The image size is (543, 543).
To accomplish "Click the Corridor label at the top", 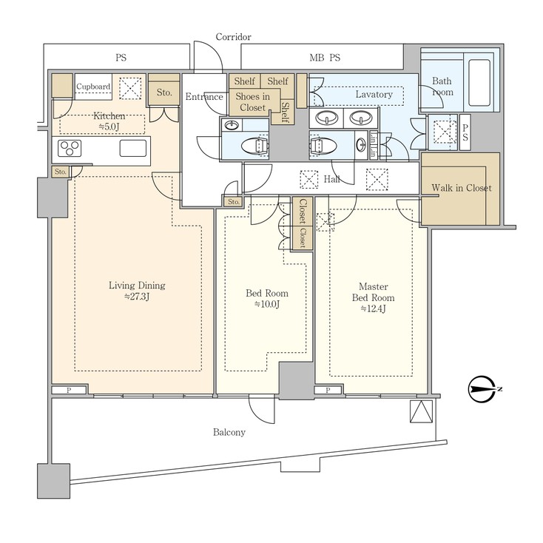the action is click(233, 37).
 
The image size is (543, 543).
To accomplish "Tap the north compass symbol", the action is click(483, 389).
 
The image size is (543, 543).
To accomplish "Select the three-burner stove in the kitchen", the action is click(70, 148).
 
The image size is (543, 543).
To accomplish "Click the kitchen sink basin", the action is click(133, 148).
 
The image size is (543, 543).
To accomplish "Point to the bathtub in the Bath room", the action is click(479, 82).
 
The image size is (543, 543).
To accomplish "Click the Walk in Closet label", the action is click(462, 188).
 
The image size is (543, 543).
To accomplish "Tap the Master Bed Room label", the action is click(373, 297).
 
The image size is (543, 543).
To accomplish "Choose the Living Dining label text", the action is click(137, 286).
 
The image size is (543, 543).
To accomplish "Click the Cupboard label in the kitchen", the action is click(93, 87).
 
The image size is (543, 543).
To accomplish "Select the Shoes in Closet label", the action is click(253, 102).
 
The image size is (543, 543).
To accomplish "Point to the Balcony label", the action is click(229, 432).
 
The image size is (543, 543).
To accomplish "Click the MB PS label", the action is click(325, 58).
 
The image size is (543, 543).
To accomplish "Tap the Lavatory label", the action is click(374, 94).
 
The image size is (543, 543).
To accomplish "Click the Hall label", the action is click(331, 179).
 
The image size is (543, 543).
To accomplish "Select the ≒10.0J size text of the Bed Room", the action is click(266, 304).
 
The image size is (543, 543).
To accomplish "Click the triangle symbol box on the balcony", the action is click(421, 411).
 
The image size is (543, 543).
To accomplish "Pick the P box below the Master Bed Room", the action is click(328, 391).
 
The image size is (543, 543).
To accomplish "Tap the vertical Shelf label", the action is click(286, 112).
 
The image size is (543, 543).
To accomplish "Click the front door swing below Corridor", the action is click(208, 57).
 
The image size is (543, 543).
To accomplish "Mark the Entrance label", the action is click(204, 97).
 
